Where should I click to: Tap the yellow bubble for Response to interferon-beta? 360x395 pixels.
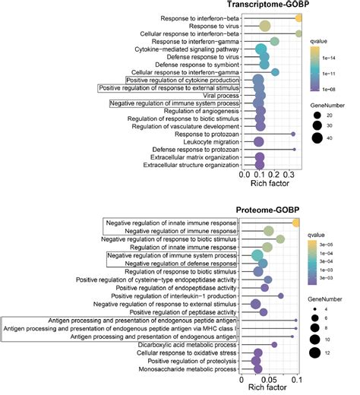[x=299, y=17]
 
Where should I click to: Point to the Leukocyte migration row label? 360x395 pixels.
[x=201, y=141]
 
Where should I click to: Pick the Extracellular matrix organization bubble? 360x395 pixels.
[x=259, y=158]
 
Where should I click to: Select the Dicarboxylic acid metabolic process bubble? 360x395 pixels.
[x=274, y=344]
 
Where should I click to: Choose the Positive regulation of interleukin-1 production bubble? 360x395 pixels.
[x=280, y=296]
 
